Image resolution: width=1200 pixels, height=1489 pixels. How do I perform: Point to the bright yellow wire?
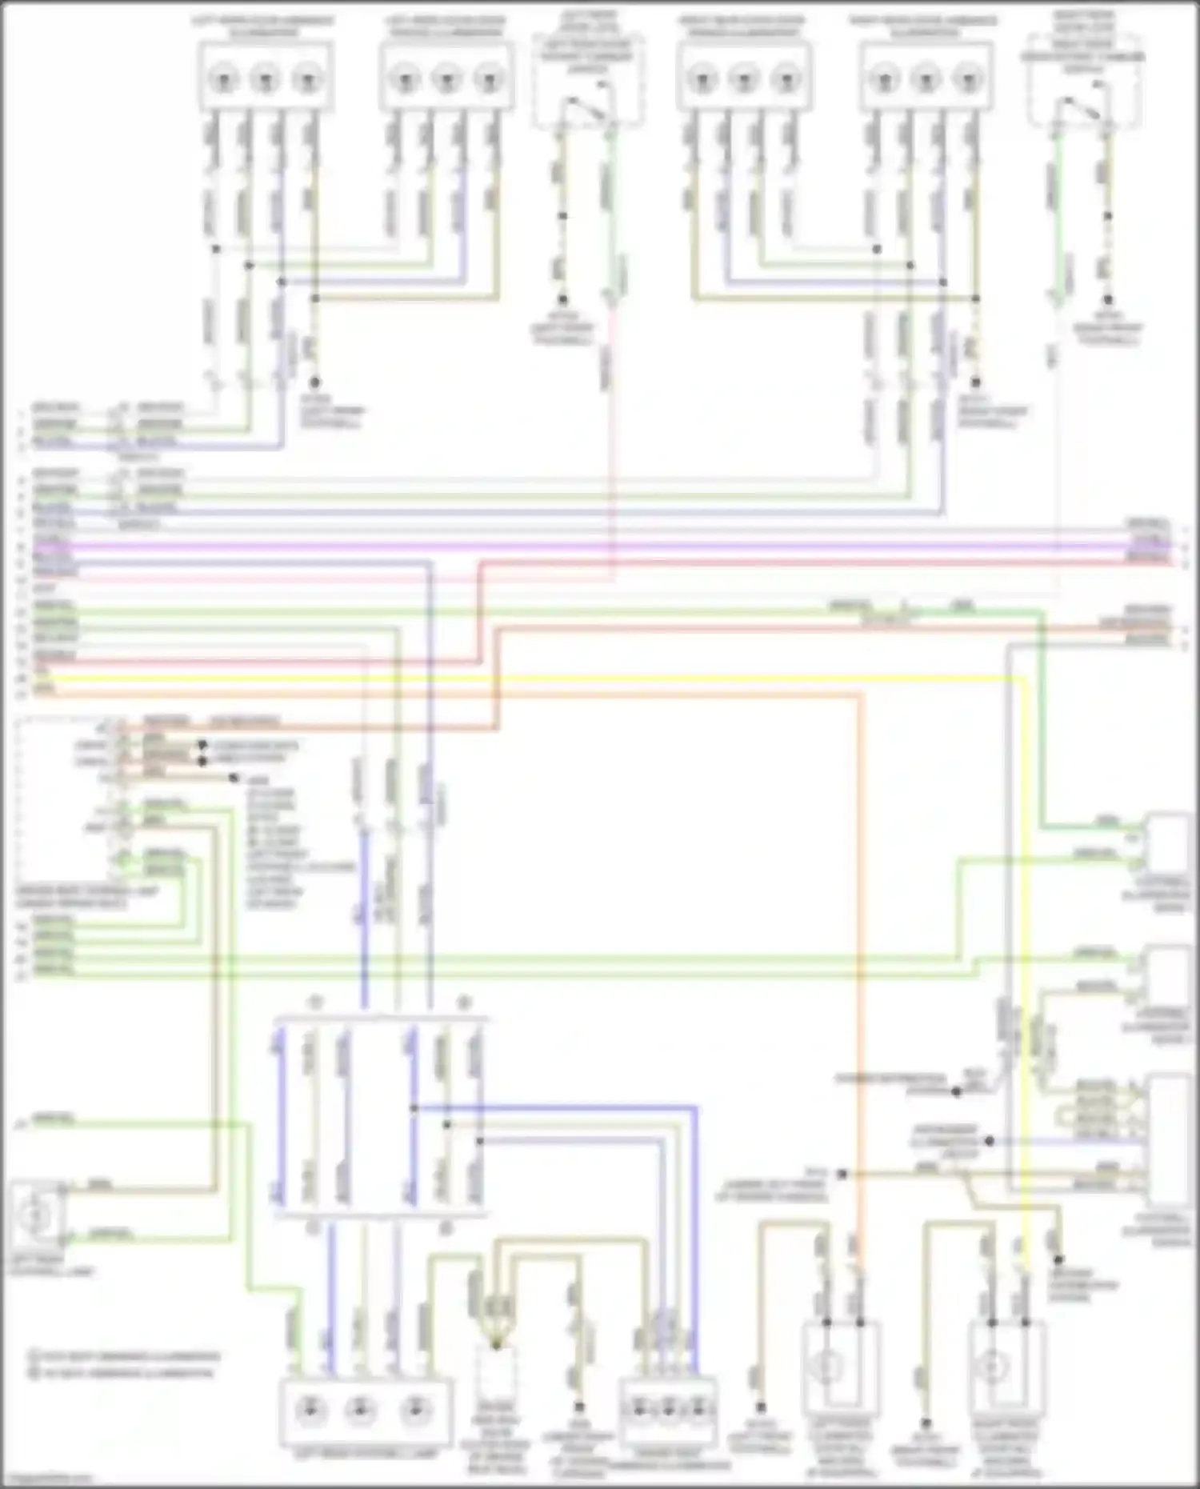560,678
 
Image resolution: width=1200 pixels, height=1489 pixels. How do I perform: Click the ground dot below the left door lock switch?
562,299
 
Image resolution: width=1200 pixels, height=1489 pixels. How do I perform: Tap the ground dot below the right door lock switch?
1108,299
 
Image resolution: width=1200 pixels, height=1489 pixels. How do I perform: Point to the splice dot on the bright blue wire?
414,1108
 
